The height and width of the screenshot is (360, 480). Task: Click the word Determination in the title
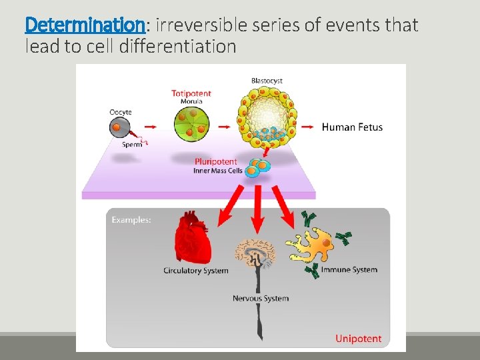coord(84,25)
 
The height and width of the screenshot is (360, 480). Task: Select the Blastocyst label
coord(267,81)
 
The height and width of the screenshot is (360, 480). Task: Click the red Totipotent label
coord(191,93)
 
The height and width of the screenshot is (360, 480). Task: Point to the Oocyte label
coord(121,112)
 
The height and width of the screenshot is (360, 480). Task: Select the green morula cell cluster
coord(191,125)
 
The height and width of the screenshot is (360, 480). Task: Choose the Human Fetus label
coord(352,127)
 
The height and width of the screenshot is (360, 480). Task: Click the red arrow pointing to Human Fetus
coord(308,126)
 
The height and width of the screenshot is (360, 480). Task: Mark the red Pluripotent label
coord(216,161)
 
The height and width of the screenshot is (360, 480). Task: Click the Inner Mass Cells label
coord(218,171)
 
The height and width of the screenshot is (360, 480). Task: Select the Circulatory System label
coord(196,271)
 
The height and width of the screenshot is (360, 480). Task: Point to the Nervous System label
coord(261,298)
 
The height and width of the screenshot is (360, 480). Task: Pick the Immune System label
coord(349,270)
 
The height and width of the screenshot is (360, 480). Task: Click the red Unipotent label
coord(359,339)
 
